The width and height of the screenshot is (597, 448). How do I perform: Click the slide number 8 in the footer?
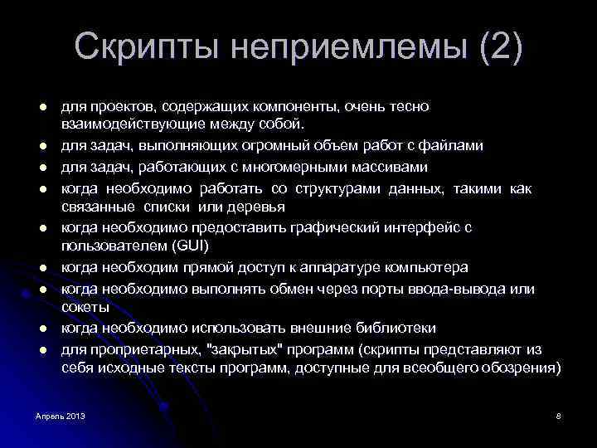(559, 415)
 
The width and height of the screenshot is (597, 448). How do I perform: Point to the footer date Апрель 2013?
(61, 415)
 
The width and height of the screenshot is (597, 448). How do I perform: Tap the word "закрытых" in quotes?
(221, 348)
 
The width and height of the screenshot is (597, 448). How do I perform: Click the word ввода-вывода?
(466, 288)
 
